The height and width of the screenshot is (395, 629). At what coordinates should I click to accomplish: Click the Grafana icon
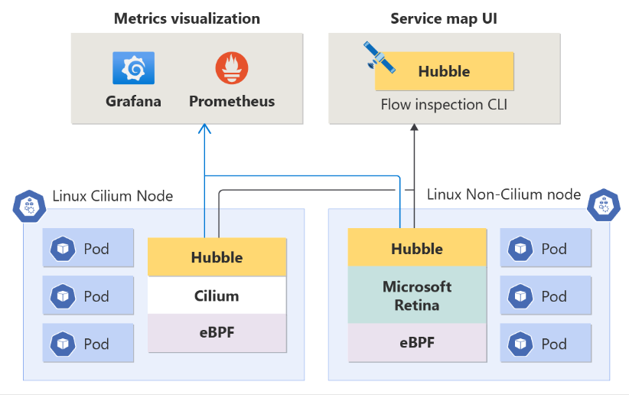pyautogui.click(x=133, y=68)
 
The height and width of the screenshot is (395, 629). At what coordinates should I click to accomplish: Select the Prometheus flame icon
pyautogui.click(x=231, y=68)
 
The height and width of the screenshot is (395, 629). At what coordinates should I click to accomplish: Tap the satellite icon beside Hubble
pyautogui.click(x=379, y=58)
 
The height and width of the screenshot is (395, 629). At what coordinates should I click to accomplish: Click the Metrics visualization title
pyautogui.click(x=187, y=19)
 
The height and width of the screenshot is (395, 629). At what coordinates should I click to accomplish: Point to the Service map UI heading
pyautogui.click(x=444, y=19)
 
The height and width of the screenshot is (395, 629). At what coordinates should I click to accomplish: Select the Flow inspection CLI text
pyautogui.click(x=444, y=104)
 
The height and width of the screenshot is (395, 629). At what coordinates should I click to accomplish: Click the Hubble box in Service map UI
pyautogui.click(x=444, y=72)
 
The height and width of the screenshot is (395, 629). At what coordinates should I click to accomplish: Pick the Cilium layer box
pyautogui.click(x=217, y=295)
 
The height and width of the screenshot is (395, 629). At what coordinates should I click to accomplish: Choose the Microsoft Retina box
pyautogui.click(x=417, y=295)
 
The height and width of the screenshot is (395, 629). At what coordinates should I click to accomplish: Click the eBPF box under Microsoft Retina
pyautogui.click(x=417, y=342)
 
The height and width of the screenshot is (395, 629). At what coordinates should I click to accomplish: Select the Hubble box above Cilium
pyautogui.click(x=217, y=257)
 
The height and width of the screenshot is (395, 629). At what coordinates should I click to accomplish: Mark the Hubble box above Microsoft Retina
pyautogui.click(x=417, y=248)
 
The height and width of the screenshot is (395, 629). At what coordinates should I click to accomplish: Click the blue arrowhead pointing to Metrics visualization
pyautogui.click(x=204, y=130)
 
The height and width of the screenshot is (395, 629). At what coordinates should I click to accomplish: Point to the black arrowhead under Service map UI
pyautogui.click(x=414, y=130)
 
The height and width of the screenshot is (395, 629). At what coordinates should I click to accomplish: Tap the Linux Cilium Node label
pyautogui.click(x=112, y=196)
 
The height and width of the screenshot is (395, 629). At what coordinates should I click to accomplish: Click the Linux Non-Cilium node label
pyautogui.click(x=504, y=194)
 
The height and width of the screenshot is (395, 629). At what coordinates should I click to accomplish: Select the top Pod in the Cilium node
pyautogui.click(x=88, y=248)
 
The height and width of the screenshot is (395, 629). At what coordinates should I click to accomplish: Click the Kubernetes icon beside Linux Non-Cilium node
pyautogui.click(x=604, y=204)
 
